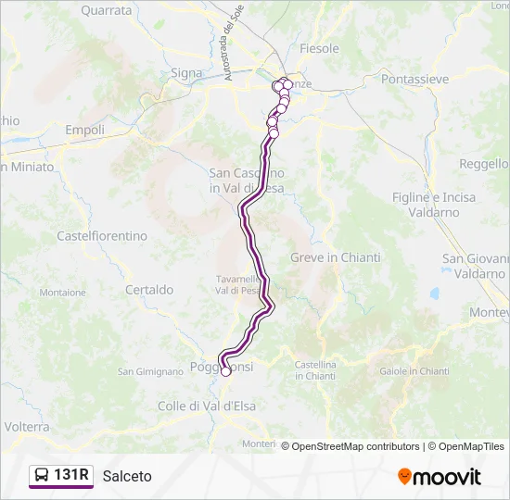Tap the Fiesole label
pos(320,48)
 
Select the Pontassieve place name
pos(414,81)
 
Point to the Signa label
pos(186,72)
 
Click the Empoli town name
pos(84,131)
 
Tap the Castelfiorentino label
pos(102,236)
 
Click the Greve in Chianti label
pos(327,257)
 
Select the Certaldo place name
pos(149,290)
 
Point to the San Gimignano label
pos(150,371)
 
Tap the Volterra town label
pos(27,427)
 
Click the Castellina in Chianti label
pos(315,370)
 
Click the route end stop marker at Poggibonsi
pos(225,371)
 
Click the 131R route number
pos(71,476)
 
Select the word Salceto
pos(128,476)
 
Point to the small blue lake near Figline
pos(434,294)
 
